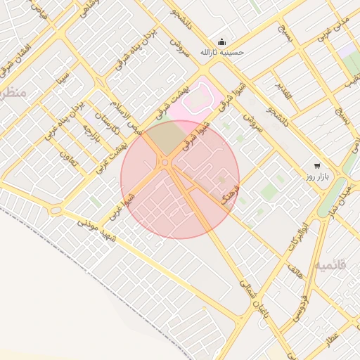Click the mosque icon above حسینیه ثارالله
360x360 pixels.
[x=222, y=41]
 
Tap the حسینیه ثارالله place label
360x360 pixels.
[x=221, y=52]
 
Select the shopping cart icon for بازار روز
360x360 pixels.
[x=317, y=165]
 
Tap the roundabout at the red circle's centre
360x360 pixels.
[x=165, y=162]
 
